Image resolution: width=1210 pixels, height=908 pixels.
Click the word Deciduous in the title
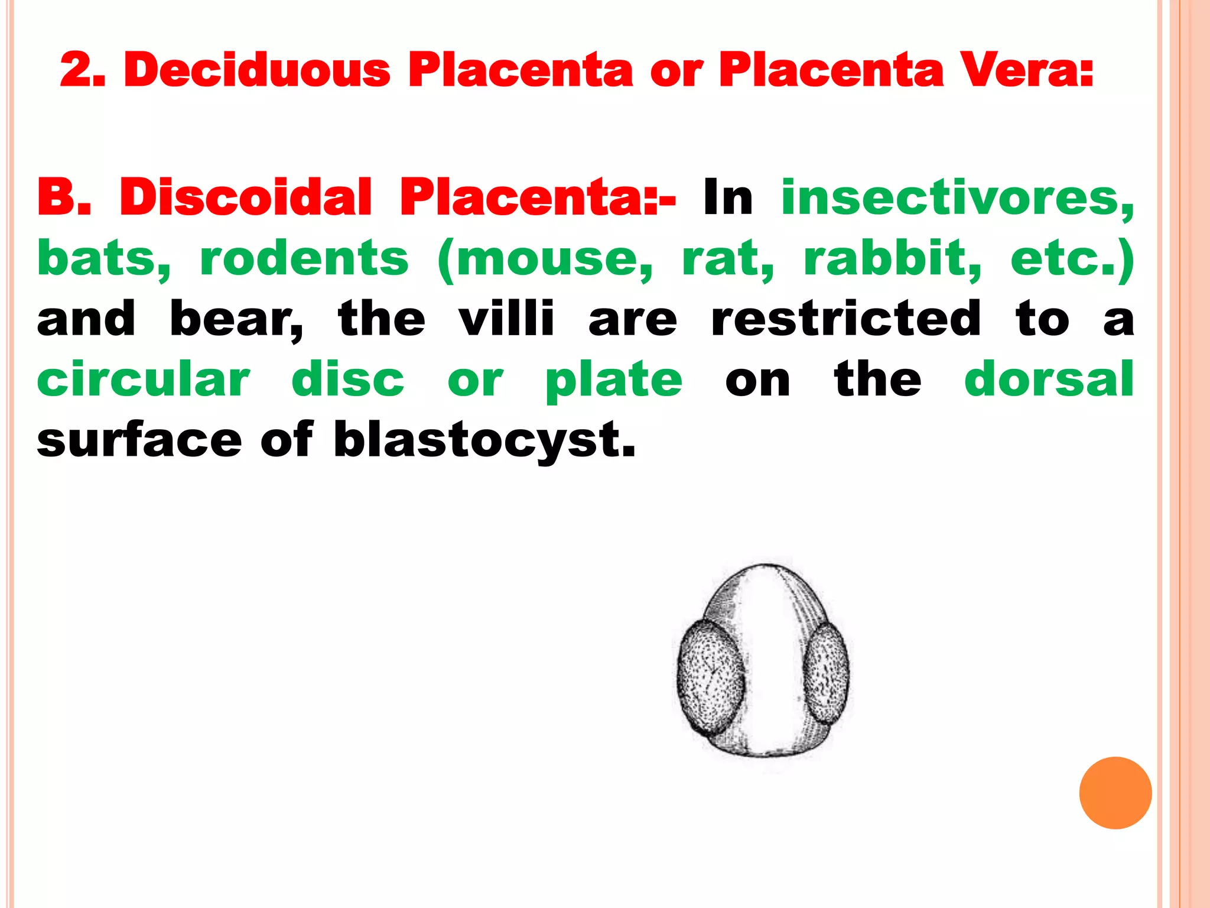[x=257, y=70]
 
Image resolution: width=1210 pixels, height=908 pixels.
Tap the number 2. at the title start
[x=83, y=70]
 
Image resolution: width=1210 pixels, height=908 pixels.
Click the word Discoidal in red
[x=246, y=197]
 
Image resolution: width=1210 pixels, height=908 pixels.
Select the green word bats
[x=103, y=259]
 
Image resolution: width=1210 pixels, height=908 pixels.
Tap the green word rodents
[x=304, y=259]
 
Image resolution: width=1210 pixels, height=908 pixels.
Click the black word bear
[x=236, y=320]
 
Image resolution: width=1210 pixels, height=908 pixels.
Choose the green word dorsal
[x=1049, y=380]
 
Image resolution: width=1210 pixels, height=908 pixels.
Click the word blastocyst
[x=484, y=441]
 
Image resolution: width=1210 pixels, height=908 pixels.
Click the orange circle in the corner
[x=1115, y=793]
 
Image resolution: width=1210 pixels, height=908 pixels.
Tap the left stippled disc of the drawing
[x=710, y=677]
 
